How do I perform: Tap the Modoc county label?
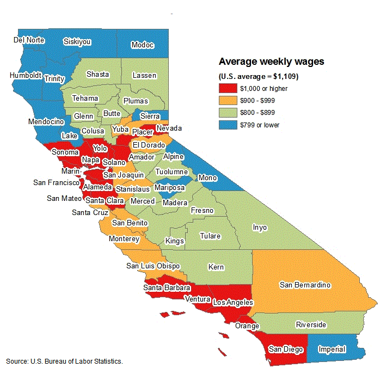click(x=143, y=45)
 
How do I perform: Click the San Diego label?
click(x=285, y=349)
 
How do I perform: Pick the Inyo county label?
click(x=260, y=228)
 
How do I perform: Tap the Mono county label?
click(x=208, y=177)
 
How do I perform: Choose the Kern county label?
click(x=216, y=267)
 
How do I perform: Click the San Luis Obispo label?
click(x=153, y=266)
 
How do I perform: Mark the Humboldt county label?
click(x=25, y=75)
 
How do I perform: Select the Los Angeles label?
click(x=233, y=302)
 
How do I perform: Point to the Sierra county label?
click(x=150, y=116)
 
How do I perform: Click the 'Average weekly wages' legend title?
click(x=271, y=62)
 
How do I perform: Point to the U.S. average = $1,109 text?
click(x=258, y=76)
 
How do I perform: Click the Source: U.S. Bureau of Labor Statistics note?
click(x=64, y=361)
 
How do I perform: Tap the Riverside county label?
click(x=311, y=325)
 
